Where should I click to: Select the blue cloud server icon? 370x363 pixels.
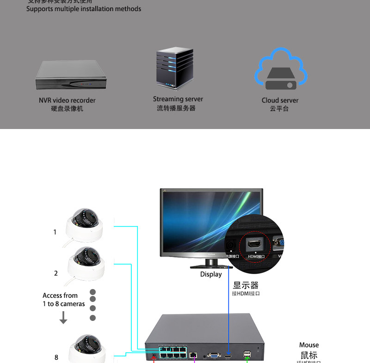(281, 70)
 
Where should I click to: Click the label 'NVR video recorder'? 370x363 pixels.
(67, 100)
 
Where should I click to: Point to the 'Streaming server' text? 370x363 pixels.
(178, 99)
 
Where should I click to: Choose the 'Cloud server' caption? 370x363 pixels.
(280, 100)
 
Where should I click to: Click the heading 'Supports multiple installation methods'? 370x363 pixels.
(84, 9)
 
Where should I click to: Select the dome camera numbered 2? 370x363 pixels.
(86, 262)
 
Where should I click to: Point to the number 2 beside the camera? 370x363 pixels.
(56, 273)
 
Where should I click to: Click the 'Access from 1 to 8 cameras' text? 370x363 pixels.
(63, 300)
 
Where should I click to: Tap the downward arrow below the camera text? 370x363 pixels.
(63, 318)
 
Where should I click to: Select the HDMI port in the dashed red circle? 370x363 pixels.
(255, 245)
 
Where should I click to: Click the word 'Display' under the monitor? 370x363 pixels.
(211, 274)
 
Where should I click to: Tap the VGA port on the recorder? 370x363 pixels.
(214, 355)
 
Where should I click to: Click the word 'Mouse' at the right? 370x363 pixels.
(309, 345)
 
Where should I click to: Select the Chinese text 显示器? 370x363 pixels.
(246, 285)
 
